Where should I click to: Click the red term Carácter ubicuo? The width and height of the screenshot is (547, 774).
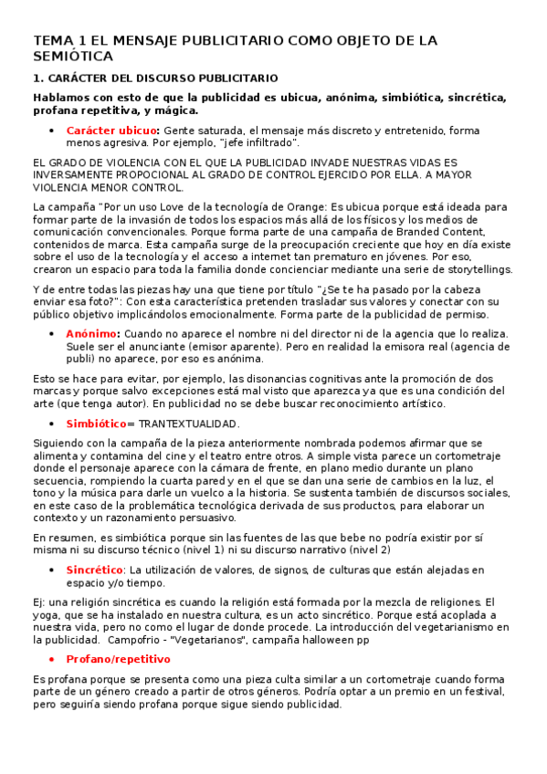tap(112, 131)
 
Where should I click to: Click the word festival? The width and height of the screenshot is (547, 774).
tap(484, 692)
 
